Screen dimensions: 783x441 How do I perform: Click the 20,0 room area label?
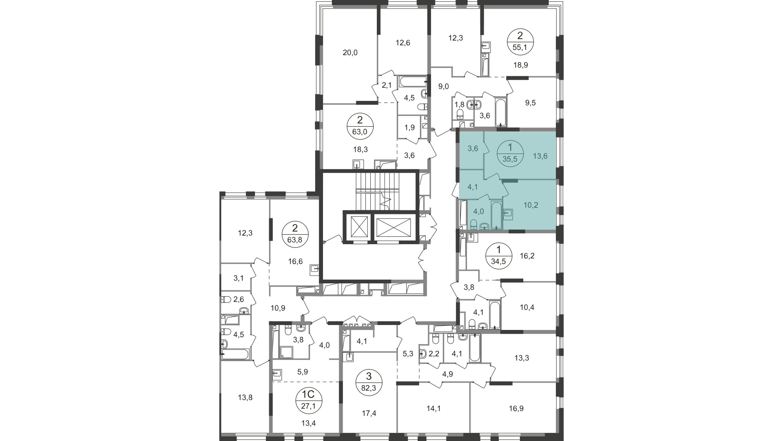pos(350,52)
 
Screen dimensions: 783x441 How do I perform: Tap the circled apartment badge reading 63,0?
pos(360,126)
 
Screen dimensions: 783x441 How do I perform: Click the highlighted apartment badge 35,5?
pos(510,153)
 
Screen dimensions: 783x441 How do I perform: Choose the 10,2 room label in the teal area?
pos(531,205)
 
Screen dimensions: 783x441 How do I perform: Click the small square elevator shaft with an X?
pos(357,227)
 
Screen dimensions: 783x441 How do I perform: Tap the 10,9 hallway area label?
pos(278,308)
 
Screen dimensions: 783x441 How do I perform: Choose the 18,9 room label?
pos(520,65)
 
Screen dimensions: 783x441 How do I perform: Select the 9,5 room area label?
pos(531,103)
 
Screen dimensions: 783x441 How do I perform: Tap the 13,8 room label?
pos(245,397)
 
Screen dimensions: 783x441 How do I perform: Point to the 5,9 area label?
pos(302,372)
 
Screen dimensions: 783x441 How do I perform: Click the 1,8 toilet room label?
pos(460,104)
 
